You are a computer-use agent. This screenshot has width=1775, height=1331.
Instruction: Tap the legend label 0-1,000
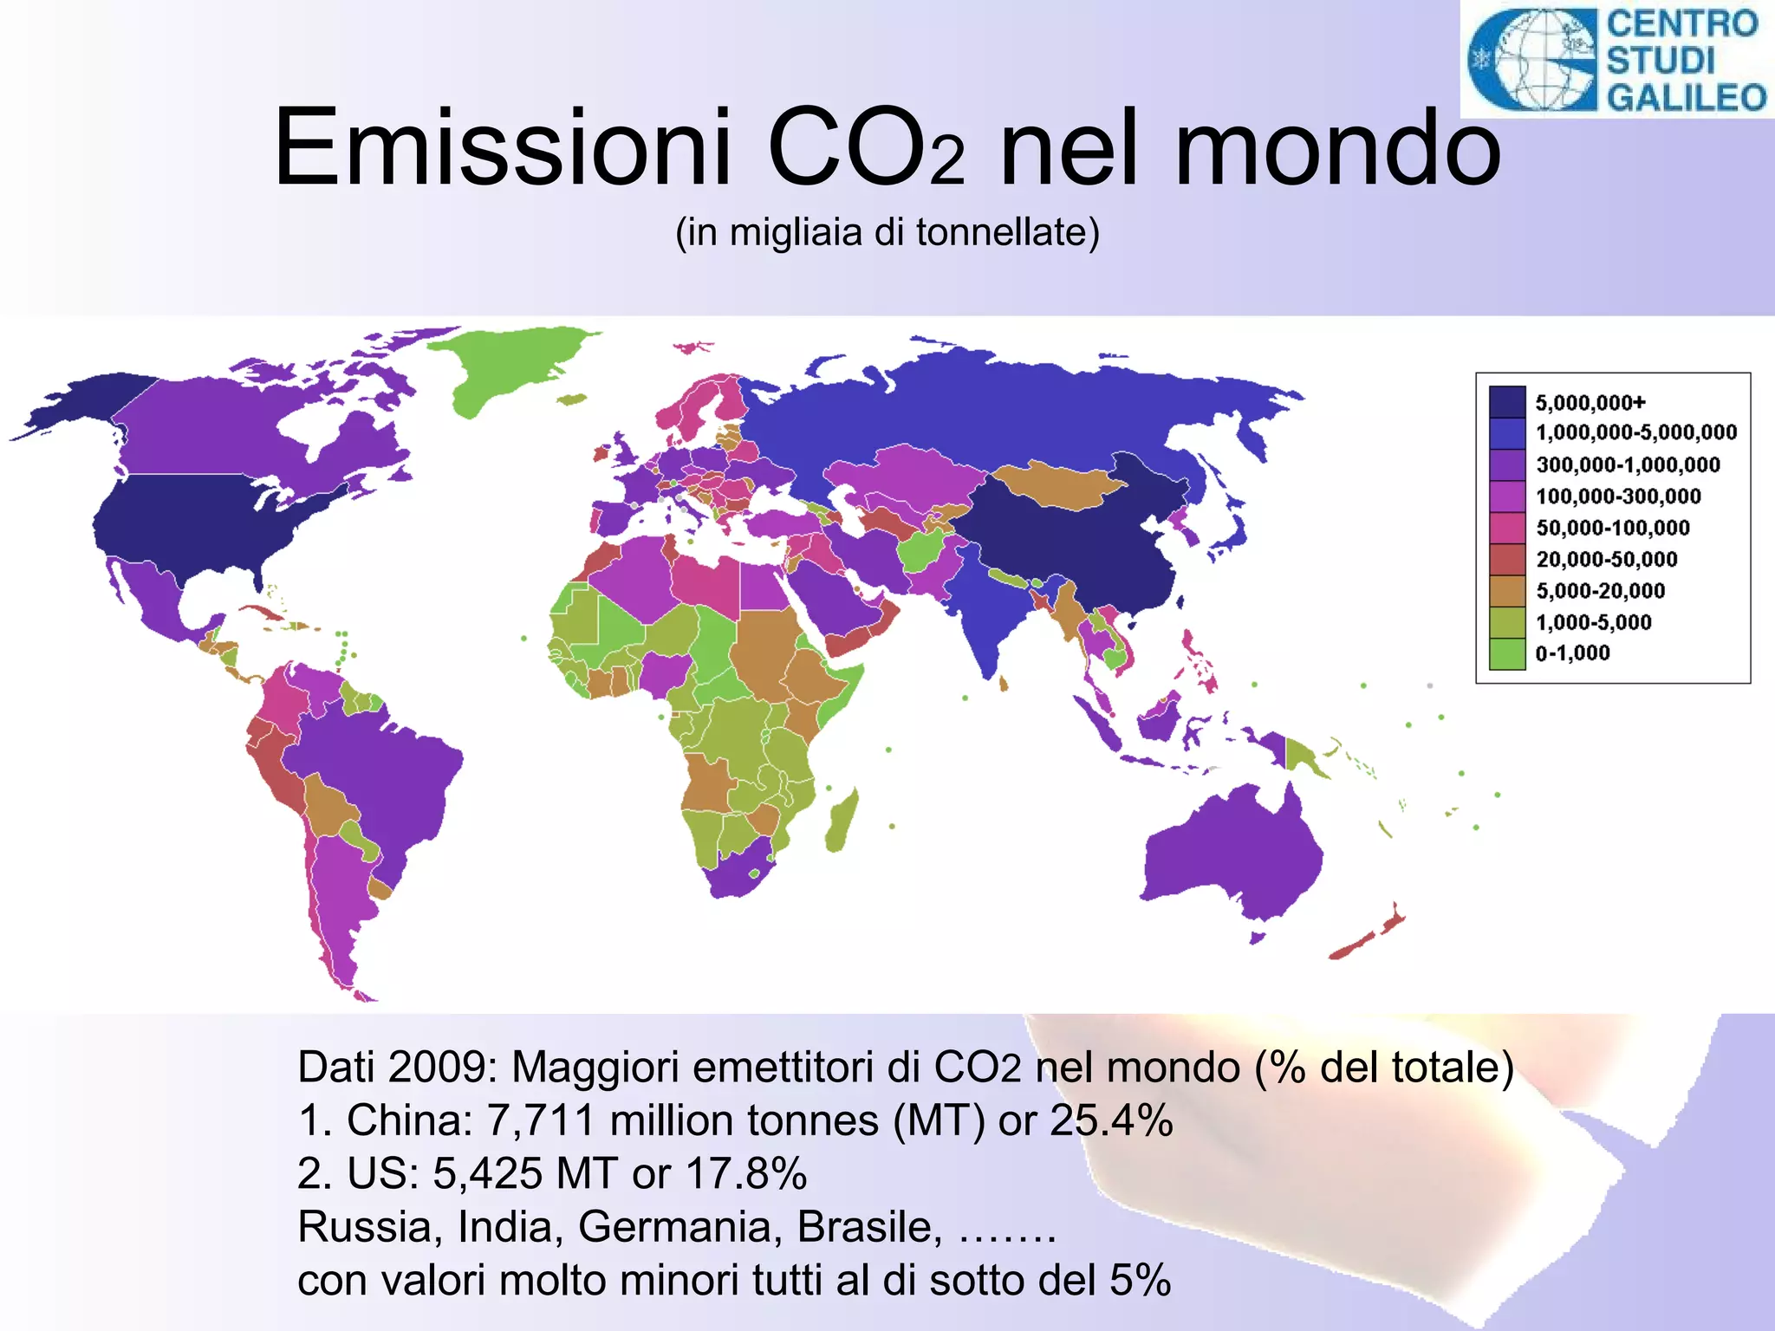(1572, 653)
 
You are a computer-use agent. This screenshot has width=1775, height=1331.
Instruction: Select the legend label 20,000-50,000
(1607, 560)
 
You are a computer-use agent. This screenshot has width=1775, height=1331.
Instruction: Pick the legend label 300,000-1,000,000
(1628, 465)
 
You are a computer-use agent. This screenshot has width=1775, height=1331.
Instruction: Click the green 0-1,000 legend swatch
(1507, 654)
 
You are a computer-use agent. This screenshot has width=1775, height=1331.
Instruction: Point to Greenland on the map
(503, 368)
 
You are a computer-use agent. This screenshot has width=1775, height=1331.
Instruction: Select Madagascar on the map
(841, 821)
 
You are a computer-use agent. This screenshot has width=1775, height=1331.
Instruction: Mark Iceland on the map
(571, 399)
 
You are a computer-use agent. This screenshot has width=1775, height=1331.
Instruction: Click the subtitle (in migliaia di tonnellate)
(887, 232)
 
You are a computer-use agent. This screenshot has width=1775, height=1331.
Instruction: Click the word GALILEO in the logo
(1687, 97)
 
